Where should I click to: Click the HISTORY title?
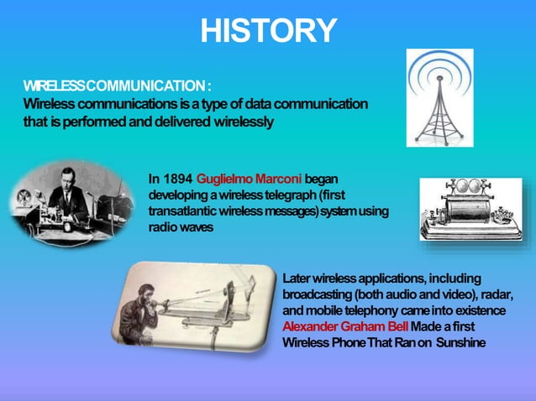(268, 31)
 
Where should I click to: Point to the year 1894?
(176, 179)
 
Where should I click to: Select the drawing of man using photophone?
(199, 310)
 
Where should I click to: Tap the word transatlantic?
(181, 211)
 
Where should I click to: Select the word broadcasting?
(318, 294)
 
